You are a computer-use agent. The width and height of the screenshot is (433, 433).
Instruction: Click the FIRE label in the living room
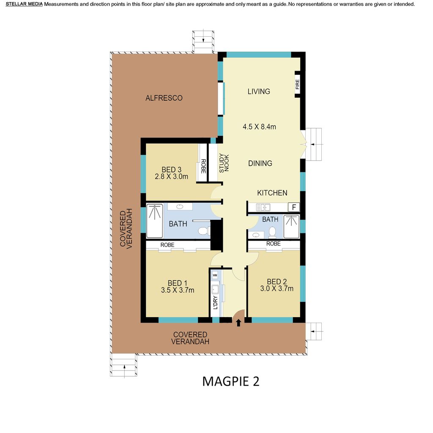click(x=297, y=84)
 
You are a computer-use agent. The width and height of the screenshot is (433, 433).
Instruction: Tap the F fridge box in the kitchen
click(x=294, y=207)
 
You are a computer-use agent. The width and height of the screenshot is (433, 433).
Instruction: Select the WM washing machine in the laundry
click(x=215, y=275)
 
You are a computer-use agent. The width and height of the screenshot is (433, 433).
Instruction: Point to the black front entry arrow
click(x=238, y=323)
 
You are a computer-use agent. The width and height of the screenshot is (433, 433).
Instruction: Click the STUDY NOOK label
click(x=224, y=163)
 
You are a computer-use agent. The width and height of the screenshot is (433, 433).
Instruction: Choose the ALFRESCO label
click(x=164, y=98)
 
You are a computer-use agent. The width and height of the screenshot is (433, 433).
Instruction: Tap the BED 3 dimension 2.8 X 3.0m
click(x=172, y=176)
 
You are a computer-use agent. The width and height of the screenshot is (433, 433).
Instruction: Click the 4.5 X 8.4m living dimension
click(x=259, y=127)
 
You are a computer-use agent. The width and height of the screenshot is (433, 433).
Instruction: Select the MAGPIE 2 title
click(x=231, y=381)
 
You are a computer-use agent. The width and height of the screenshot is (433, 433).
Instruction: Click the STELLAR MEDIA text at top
click(x=24, y=4)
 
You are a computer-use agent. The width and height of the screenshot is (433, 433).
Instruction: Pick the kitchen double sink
click(x=263, y=207)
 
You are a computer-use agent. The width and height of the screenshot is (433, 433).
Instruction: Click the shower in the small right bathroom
click(x=291, y=227)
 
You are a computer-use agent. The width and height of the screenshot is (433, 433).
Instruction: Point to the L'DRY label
click(x=215, y=303)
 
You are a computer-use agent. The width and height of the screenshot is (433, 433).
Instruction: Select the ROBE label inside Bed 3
click(x=203, y=166)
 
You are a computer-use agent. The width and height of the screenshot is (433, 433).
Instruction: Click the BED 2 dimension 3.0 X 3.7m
click(x=277, y=288)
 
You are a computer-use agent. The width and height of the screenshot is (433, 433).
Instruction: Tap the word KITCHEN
click(x=272, y=193)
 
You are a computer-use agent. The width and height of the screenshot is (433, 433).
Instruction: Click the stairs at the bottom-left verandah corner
click(x=124, y=365)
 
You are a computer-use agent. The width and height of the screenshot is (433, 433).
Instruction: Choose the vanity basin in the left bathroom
click(x=180, y=206)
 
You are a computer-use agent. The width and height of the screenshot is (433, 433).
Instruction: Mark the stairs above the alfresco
click(x=203, y=41)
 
